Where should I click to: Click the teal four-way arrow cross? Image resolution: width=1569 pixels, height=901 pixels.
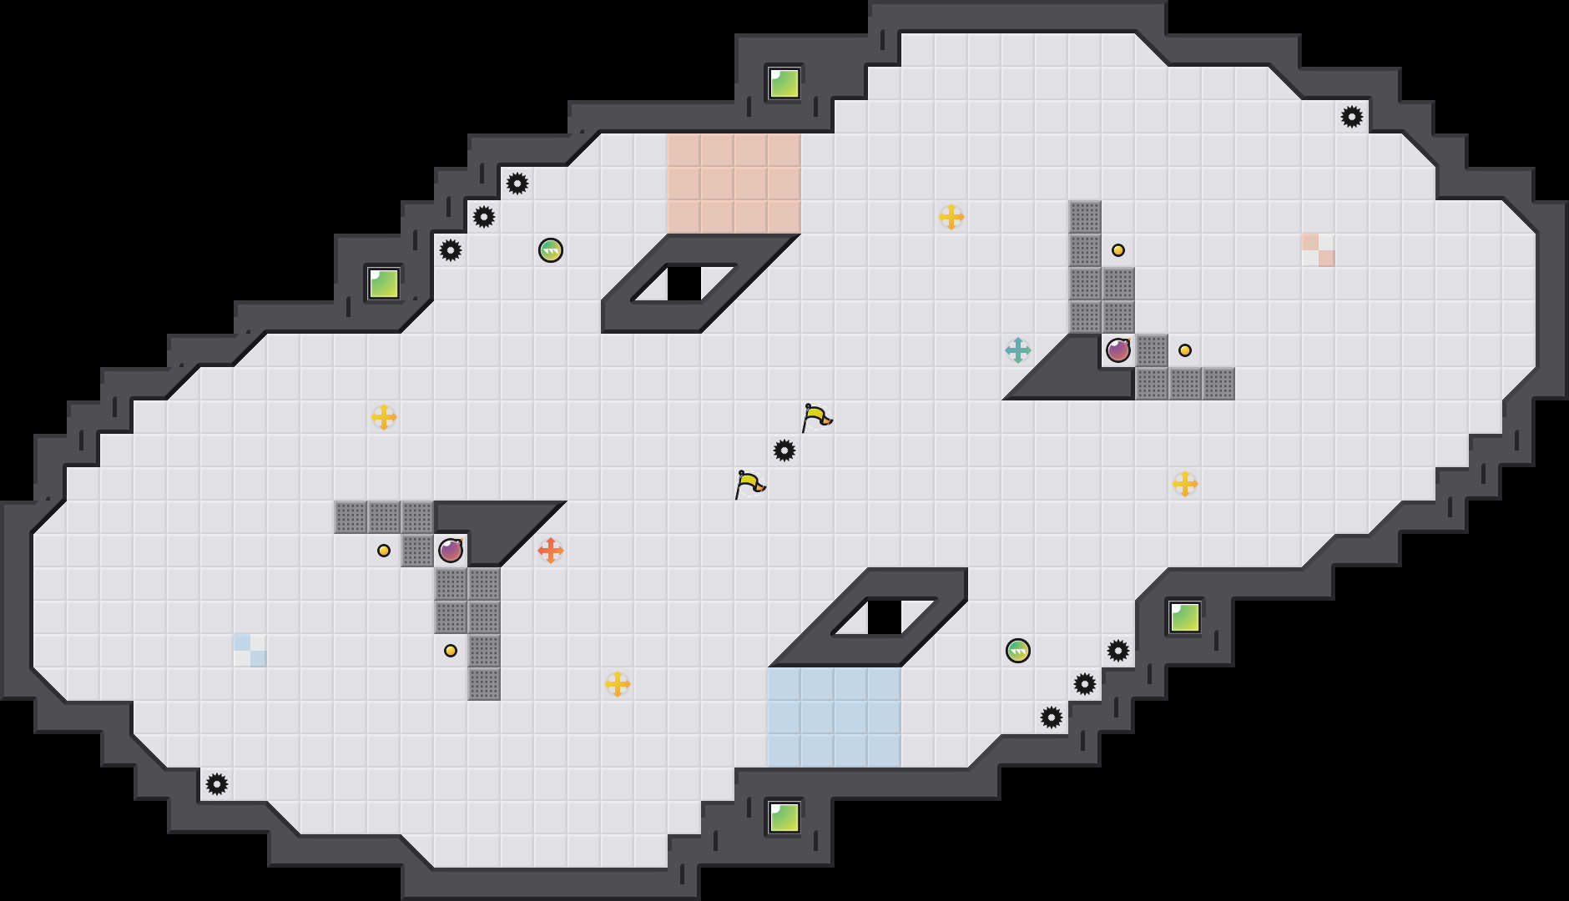pos(1017,350)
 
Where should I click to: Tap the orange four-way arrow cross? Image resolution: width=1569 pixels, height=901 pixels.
pos(550,551)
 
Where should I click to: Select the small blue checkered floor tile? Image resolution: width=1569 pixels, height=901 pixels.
pos(250,651)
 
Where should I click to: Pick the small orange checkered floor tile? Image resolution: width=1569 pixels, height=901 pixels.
pos(1318,250)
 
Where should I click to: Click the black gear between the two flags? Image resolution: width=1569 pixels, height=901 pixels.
pos(784,450)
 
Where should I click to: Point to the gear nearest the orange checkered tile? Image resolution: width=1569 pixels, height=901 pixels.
pos(1351,117)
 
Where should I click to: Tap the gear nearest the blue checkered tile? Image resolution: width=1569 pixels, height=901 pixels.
pos(217,784)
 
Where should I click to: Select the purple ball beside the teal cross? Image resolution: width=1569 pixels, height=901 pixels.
pos(1117,350)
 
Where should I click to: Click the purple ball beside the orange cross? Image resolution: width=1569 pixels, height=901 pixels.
pos(450,551)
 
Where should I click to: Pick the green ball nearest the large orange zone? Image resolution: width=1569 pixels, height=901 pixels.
pos(550,250)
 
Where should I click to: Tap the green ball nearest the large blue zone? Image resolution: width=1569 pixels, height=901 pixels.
pos(1017,651)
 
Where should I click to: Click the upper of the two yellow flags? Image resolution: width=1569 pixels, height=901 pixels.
pos(815,416)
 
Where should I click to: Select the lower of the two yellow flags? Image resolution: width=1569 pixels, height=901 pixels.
pos(749,483)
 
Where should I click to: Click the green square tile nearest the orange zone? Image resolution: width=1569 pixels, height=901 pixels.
pos(784,83)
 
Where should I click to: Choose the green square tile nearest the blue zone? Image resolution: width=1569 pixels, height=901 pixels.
pos(784,818)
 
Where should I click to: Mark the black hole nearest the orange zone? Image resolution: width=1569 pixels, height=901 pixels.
pos(684,284)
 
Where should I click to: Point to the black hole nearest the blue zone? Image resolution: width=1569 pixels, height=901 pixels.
pos(884,617)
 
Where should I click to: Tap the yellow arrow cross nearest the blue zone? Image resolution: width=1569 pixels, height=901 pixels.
pos(617,684)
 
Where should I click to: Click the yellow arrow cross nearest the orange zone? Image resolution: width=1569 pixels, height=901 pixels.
pos(951,217)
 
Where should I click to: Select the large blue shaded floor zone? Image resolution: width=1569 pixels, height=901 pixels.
pos(834,717)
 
